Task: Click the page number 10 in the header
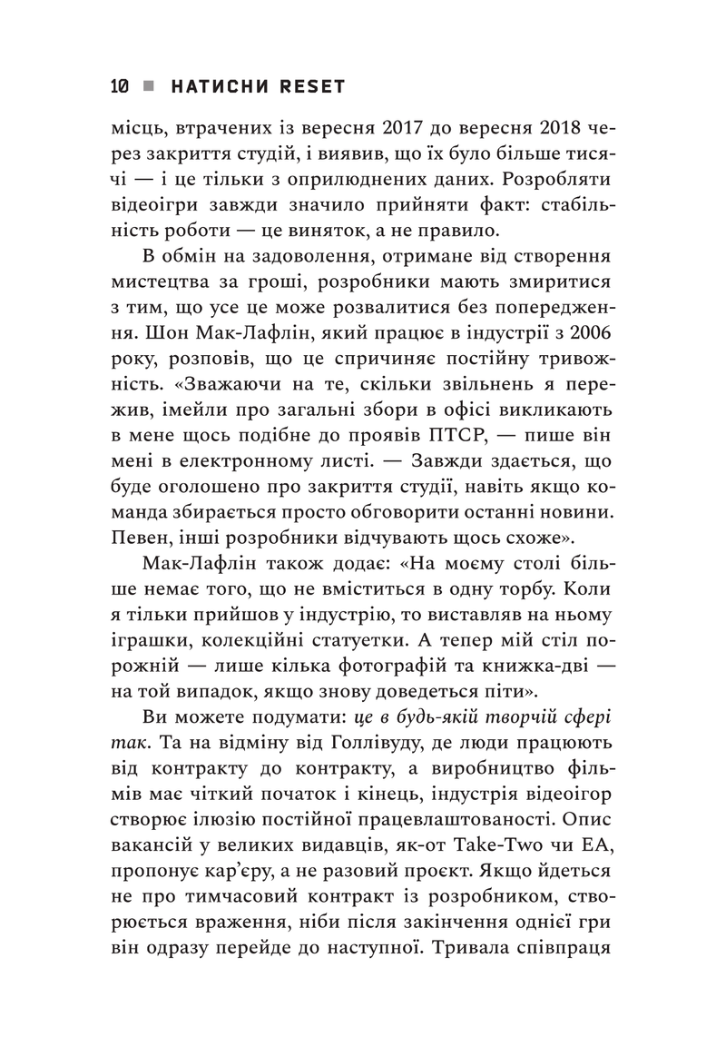point(118,86)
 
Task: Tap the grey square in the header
point(149,86)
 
